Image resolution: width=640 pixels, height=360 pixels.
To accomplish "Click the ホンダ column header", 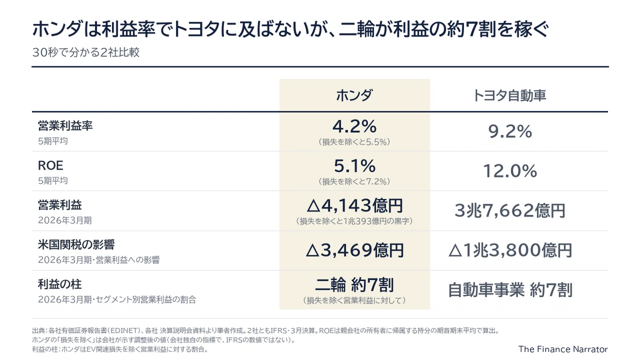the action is pyautogui.click(x=354, y=95).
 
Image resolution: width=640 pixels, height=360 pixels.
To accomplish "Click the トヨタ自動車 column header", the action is pyautogui.click(x=509, y=95).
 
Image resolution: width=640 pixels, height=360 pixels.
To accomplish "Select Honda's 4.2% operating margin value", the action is pyautogui.click(x=354, y=126).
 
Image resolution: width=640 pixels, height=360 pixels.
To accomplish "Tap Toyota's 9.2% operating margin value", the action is pyautogui.click(x=510, y=131).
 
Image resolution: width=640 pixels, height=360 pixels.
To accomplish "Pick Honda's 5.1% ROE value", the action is pyautogui.click(x=355, y=166).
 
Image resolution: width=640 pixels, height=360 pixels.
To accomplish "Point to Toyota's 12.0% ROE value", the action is pyautogui.click(x=510, y=171).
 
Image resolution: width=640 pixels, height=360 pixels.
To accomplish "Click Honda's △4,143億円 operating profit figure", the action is pyautogui.click(x=355, y=205).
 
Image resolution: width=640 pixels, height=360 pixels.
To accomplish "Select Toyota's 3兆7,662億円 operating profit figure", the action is pyautogui.click(x=510, y=211).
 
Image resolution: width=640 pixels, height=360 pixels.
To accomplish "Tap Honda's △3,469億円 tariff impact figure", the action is pyautogui.click(x=355, y=250).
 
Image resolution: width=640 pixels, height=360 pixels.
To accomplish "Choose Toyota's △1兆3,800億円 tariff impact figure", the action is pyautogui.click(x=510, y=250).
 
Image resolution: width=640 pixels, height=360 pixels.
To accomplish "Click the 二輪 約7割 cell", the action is pyautogui.click(x=355, y=285).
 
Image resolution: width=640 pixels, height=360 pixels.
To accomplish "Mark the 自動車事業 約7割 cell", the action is pyautogui.click(x=510, y=290).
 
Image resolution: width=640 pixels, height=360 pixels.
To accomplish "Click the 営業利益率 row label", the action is pyautogui.click(x=65, y=126).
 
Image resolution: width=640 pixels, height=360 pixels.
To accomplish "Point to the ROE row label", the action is pyautogui.click(x=51, y=165).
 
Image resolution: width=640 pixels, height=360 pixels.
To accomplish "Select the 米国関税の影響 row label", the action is pyautogui.click(x=76, y=245).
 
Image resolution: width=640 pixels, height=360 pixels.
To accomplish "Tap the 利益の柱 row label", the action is pyautogui.click(x=60, y=284).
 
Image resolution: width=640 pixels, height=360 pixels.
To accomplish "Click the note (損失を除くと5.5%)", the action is pyautogui.click(x=354, y=142).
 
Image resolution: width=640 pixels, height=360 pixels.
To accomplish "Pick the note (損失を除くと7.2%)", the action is pyautogui.click(x=354, y=181).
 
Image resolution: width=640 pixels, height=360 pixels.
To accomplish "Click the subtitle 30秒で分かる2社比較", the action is pyautogui.click(x=86, y=53).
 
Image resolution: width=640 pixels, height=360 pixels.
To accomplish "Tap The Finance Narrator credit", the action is pyautogui.click(x=563, y=349).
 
